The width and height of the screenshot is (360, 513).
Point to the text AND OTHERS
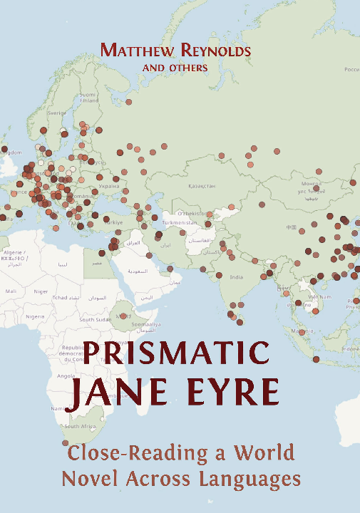tap(175, 68)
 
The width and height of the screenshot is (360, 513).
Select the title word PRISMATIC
tap(178, 354)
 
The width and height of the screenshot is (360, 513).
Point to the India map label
tap(237, 277)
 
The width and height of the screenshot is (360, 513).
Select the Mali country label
tap(11, 291)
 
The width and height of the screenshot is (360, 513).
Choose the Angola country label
tap(66, 375)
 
